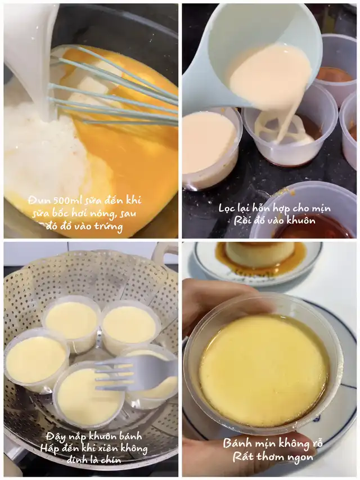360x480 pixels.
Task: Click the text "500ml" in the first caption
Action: coord(60,200)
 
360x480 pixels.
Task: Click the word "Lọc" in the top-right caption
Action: coord(227,208)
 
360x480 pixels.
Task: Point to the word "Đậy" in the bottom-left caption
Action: coord(56,437)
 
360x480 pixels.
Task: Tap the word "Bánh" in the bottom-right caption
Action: coord(236,443)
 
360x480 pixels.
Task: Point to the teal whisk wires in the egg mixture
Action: coord(113,89)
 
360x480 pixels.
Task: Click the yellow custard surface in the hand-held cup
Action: coord(264,370)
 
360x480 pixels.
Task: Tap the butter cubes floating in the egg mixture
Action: coord(92,83)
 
